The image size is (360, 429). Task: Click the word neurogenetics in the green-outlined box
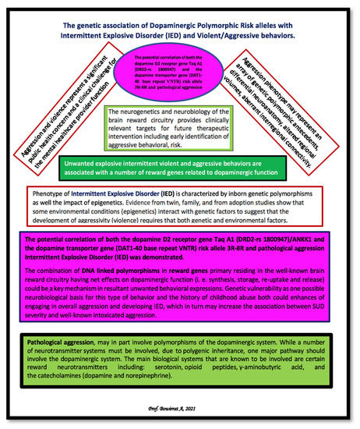click(155, 113)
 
